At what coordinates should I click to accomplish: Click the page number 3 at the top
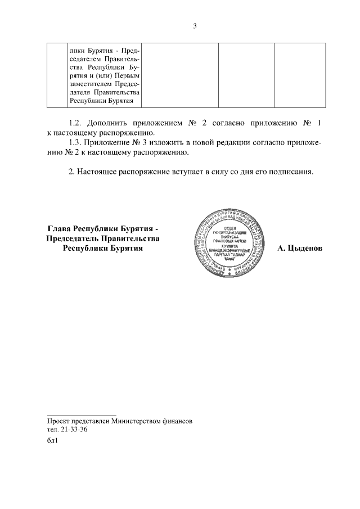[195, 26]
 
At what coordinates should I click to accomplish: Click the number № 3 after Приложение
[138, 143]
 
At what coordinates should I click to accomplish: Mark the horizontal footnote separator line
[81, 415]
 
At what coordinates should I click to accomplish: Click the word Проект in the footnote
[60, 421]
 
